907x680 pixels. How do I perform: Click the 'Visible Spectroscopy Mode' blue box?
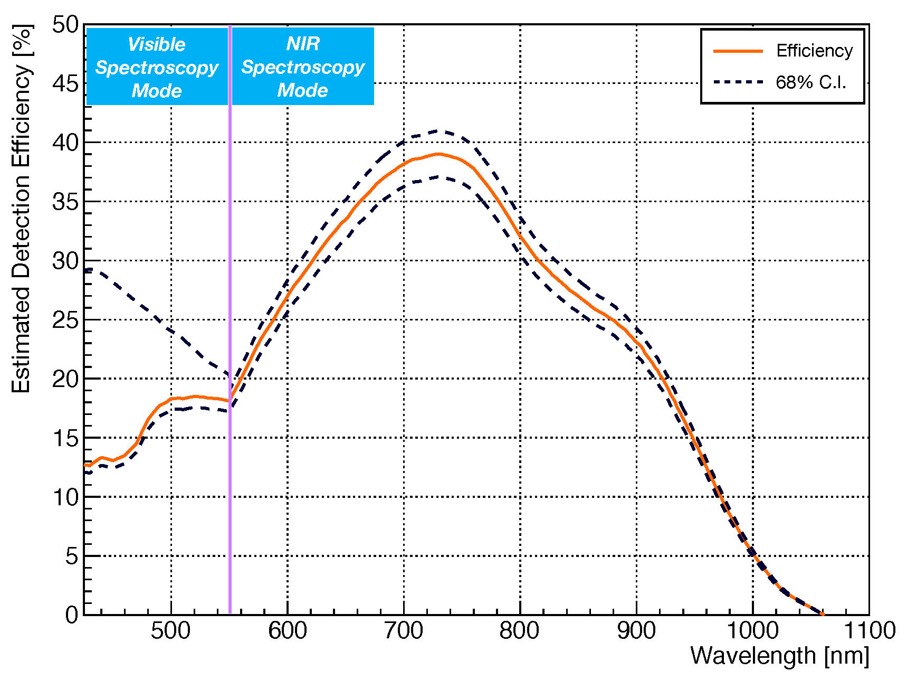click(157, 67)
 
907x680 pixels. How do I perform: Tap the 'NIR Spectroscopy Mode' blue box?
click(303, 67)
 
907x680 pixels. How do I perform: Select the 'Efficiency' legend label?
click(814, 51)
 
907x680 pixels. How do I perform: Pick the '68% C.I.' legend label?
click(810, 82)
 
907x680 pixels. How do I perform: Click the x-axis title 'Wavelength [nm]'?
click(779, 656)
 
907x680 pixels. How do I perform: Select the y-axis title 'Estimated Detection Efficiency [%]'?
click(22, 209)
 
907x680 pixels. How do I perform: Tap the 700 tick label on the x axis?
click(404, 631)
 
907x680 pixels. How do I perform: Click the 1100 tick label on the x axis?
click(868, 631)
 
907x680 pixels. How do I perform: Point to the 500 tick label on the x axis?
click(171, 631)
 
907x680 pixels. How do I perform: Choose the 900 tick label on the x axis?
click(636, 631)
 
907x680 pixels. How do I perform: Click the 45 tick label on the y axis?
click(65, 83)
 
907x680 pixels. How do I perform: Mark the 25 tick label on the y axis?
click(65, 320)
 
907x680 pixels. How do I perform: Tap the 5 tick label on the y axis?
click(72, 556)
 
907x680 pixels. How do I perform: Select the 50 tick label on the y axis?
click(65, 24)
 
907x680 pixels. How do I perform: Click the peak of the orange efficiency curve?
click(438, 154)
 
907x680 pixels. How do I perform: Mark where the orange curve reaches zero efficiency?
click(822, 613)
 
